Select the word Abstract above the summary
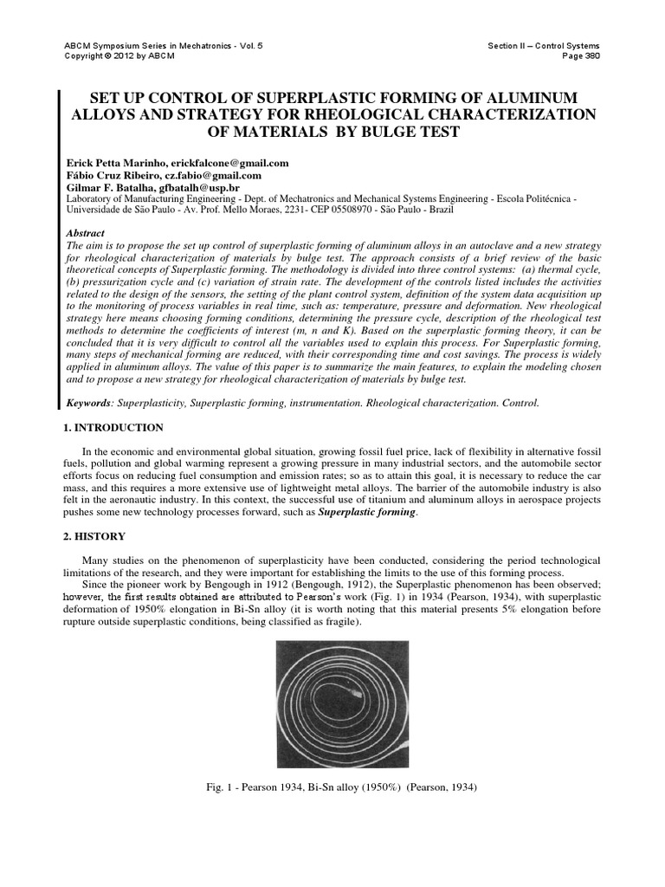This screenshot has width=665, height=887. (x=86, y=234)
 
